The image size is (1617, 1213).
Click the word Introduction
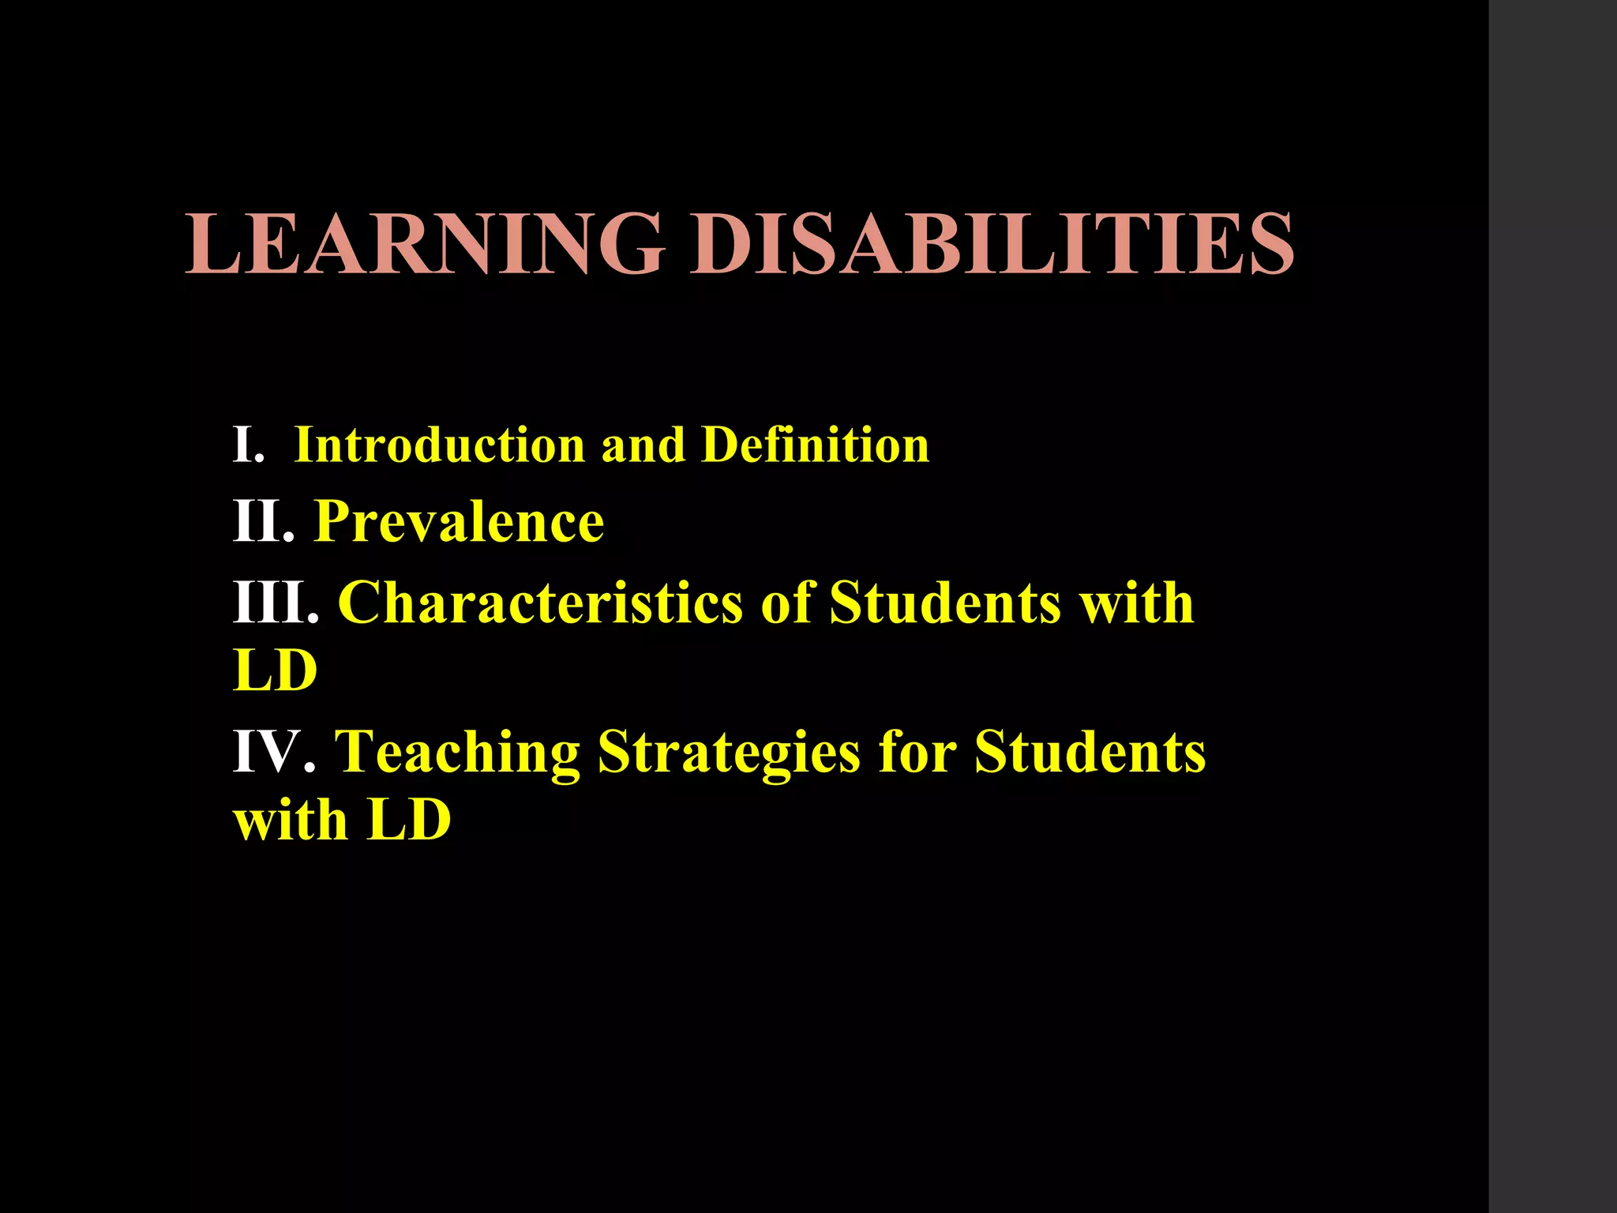click(x=439, y=445)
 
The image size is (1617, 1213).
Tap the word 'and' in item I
click(x=643, y=445)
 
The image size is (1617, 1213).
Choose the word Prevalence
click(x=459, y=522)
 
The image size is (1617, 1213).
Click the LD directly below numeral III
click(x=276, y=672)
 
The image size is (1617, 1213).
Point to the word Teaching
click(x=457, y=752)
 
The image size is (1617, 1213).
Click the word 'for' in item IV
click(x=917, y=752)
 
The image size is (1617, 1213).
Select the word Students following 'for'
click(x=1090, y=752)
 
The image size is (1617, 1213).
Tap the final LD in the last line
click(x=409, y=821)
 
